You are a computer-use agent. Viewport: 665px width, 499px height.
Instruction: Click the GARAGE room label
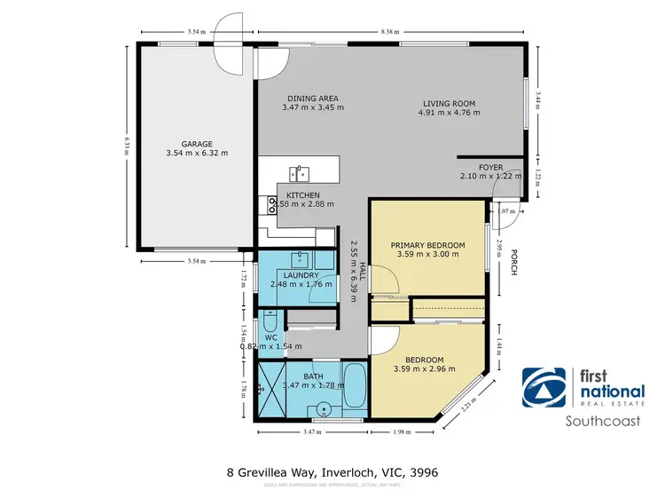(x=196, y=142)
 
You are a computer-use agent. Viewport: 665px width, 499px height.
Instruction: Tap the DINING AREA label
(x=313, y=99)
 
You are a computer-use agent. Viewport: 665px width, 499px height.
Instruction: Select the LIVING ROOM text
(x=448, y=103)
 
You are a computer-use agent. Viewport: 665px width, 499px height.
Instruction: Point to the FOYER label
(x=490, y=166)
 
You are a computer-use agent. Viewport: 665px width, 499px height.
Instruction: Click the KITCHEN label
(x=303, y=195)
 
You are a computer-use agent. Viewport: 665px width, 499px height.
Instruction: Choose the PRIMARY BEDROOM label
(x=427, y=244)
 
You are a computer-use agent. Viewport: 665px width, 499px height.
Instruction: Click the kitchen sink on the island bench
(x=301, y=170)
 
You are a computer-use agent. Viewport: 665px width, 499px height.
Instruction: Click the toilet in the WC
(x=270, y=321)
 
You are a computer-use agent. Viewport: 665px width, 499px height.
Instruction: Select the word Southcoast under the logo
(x=603, y=422)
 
